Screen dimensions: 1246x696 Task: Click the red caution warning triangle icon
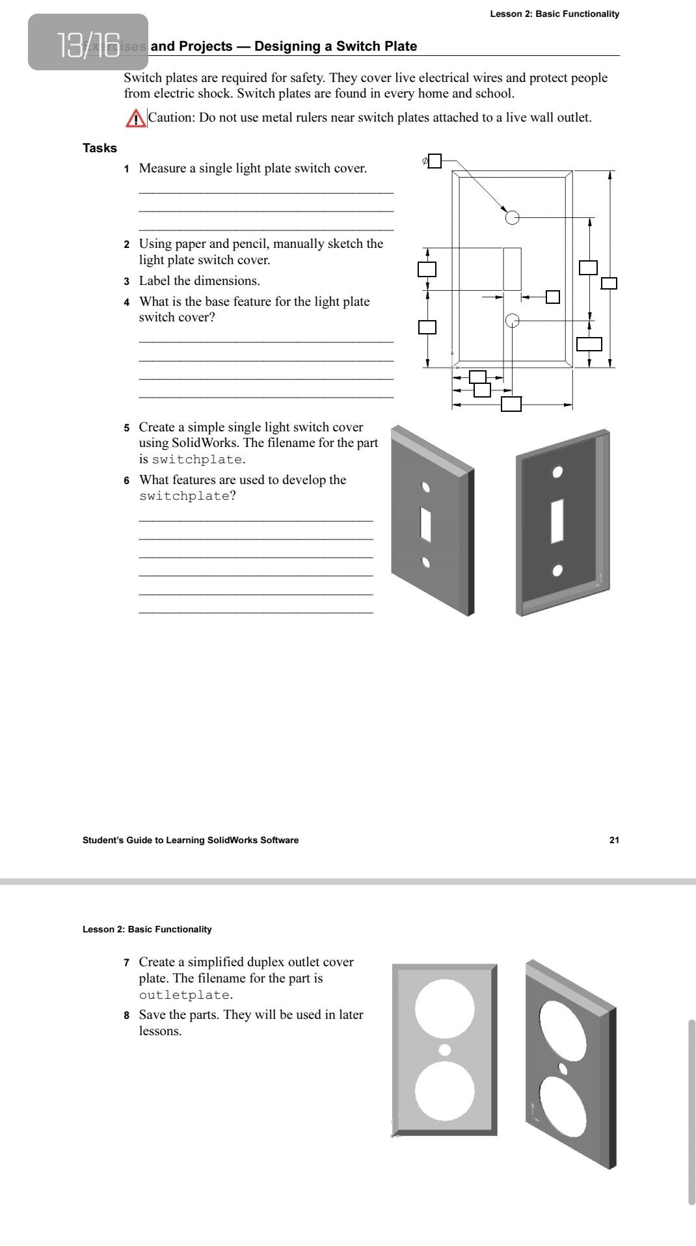click(135, 118)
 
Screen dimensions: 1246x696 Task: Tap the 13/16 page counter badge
click(88, 42)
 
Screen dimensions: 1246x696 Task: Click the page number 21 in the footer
click(614, 840)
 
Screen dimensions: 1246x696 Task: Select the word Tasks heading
click(100, 148)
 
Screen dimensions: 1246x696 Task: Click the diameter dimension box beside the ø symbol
click(434, 161)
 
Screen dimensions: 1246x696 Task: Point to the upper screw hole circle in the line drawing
click(513, 217)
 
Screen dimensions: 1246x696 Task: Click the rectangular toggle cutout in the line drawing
click(512, 269)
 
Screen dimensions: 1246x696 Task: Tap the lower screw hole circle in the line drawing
click(513, 320)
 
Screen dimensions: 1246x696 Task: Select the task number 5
click(126, 428)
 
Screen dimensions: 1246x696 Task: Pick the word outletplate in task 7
click(184, 995)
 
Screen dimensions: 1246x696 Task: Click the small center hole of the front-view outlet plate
click(445, 1050)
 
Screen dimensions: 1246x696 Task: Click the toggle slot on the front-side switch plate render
click(425, 524)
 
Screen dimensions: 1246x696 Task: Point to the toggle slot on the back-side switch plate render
click(556, 521)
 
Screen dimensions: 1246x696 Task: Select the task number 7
click(126, 962)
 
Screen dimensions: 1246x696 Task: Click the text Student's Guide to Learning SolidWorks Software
click(191, 840)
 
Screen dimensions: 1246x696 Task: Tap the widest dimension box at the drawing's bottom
click(511, 404)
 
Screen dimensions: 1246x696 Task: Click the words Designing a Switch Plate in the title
click(336, 46)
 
